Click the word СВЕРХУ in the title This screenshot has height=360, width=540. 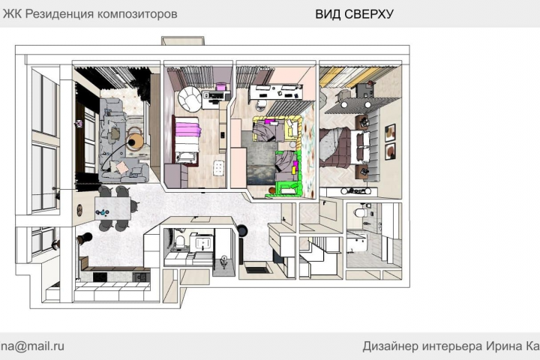pyautogui.click(x=369, y=14)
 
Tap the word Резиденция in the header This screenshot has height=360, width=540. pyautogui.click(x=60, y=14)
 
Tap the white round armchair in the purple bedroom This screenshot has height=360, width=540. pyautogui.click(x=190, y=98)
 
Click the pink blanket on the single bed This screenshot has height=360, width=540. pyautogui.click(x=188, y=129)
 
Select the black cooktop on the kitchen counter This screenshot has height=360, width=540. pyautogui.click(x=100, y=276)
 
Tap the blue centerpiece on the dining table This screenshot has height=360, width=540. pyautogui.click(x=103, y=213)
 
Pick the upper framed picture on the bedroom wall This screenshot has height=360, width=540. pyautogui.click(x=390, y=133)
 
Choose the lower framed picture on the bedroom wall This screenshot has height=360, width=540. pyautogui.click(x=390, y=151)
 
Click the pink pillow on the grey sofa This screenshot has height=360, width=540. pyautogui.click(x=122, y=167)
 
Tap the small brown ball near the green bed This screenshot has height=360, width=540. pyautogui.click(x=272, y=190)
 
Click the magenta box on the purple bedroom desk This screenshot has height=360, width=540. pyautogui.click(x=220, y=85)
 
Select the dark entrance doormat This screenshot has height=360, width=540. pyautogui.click(x=256, y=268)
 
